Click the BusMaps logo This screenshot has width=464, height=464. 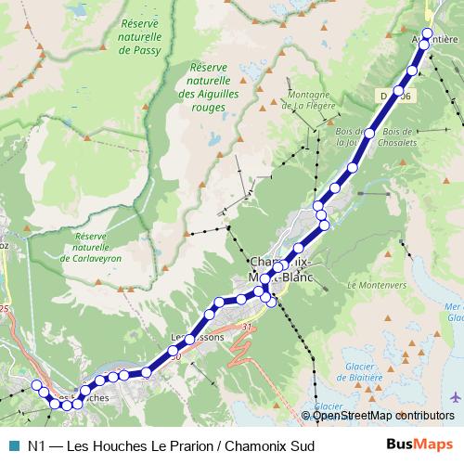(x=420, y=445)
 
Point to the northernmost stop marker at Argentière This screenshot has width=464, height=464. (x=428, y=33)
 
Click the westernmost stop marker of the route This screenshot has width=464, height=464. (x=37, y=385)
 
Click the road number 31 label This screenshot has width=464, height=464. (x=246, y=327)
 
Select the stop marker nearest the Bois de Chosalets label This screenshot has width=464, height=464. (x=369, y=134)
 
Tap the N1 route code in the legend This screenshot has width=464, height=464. (x=38, y=446)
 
